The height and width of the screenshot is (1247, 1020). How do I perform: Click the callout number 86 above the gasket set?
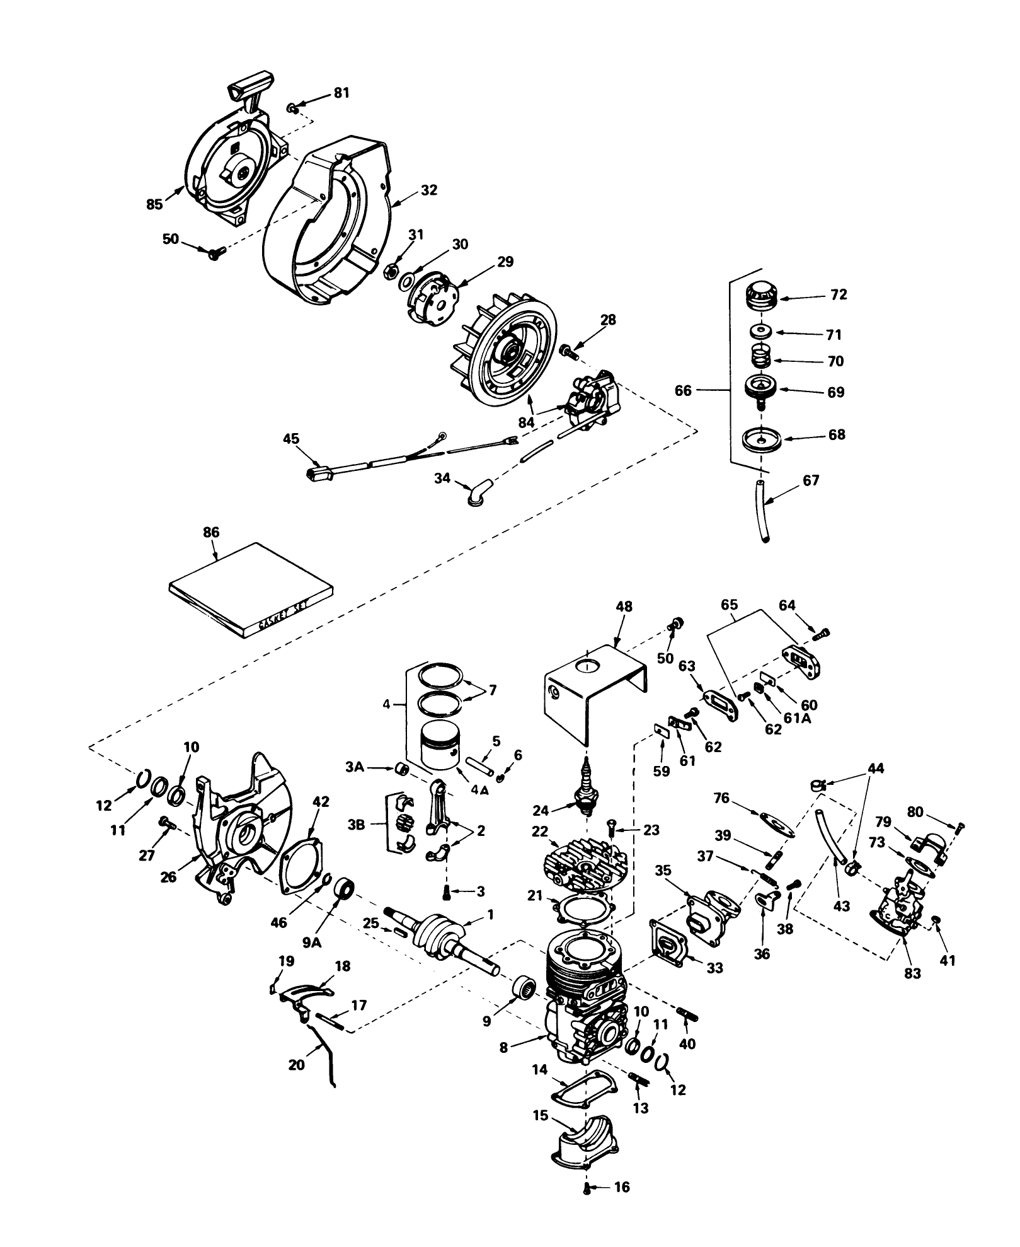211,532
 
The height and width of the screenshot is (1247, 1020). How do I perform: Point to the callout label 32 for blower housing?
428,190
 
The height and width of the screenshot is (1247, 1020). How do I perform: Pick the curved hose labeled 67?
762,509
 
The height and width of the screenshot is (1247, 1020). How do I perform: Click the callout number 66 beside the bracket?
683,390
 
